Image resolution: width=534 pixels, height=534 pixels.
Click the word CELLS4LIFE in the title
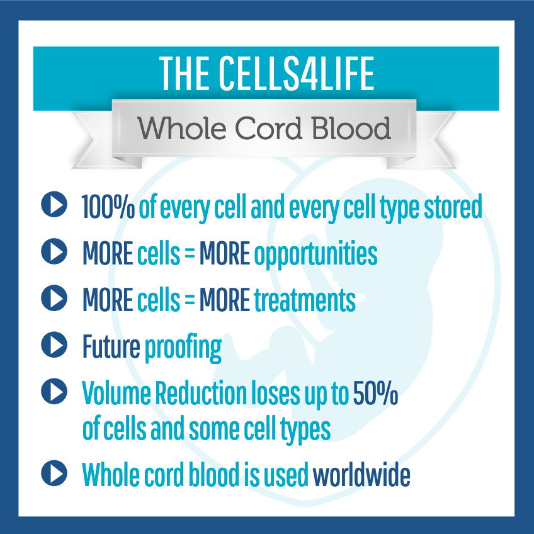(297, 74)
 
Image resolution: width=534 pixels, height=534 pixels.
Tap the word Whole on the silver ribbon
(182, 128)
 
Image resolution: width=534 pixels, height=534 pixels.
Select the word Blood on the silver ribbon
(351, 128)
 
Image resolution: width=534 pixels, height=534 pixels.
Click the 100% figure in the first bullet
(108, 207)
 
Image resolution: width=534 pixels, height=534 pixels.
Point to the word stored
(453, 207)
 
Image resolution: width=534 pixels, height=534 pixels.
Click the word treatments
(305, 300)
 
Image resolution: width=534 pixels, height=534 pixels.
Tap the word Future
(111, 346)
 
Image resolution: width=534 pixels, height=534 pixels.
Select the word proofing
(183, 348)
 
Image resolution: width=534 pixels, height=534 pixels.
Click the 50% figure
(375, 393)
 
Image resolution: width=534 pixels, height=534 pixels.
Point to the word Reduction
(201, 393)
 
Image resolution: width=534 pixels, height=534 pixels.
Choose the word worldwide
(361, 474)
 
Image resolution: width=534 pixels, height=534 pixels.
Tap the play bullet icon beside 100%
(54, 204)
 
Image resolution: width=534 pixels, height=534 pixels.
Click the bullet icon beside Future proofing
(54, 344)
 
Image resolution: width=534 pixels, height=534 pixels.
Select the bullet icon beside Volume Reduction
(54, 391)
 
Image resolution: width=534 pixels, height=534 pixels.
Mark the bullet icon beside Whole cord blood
(54, 473)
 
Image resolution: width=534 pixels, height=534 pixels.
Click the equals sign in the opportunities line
(190, 254)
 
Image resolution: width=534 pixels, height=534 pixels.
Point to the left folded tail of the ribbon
(99, 140)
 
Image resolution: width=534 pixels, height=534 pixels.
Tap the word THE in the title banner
(185, 74)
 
